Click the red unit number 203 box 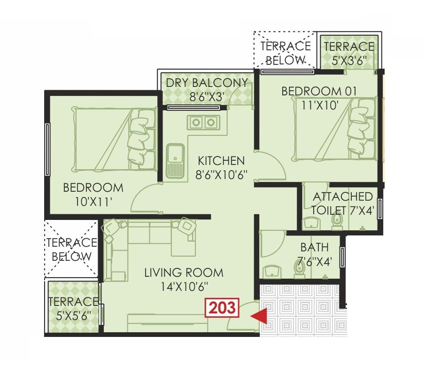(222, 308)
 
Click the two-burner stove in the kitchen (203, 123)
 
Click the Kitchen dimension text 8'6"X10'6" (221, 175)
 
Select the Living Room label (184, 273)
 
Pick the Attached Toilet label (343, 196)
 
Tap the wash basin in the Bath (273, 272)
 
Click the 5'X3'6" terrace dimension (348, 60)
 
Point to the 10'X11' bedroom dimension (93, 202)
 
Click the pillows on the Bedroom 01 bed (360, 128)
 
